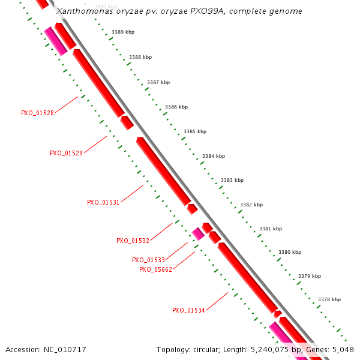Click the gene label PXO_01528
[x=37, y=113]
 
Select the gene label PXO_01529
[x=66, y=153]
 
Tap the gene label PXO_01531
[x=103, y=202]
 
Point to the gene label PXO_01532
[x=133, y=241]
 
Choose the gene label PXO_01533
[x=148, y=260]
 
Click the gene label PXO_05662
[x=155, y=269]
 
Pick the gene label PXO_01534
[x=188, y=310]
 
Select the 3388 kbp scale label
[x=140, y=57]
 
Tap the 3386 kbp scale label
[x=176, y=107]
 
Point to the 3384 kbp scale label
[x=214, y=156]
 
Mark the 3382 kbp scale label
[x=251, y=205]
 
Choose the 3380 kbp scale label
[x=290, y=252]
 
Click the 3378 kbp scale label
[x=329, y=299]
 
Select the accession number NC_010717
[x=66, y=349]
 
